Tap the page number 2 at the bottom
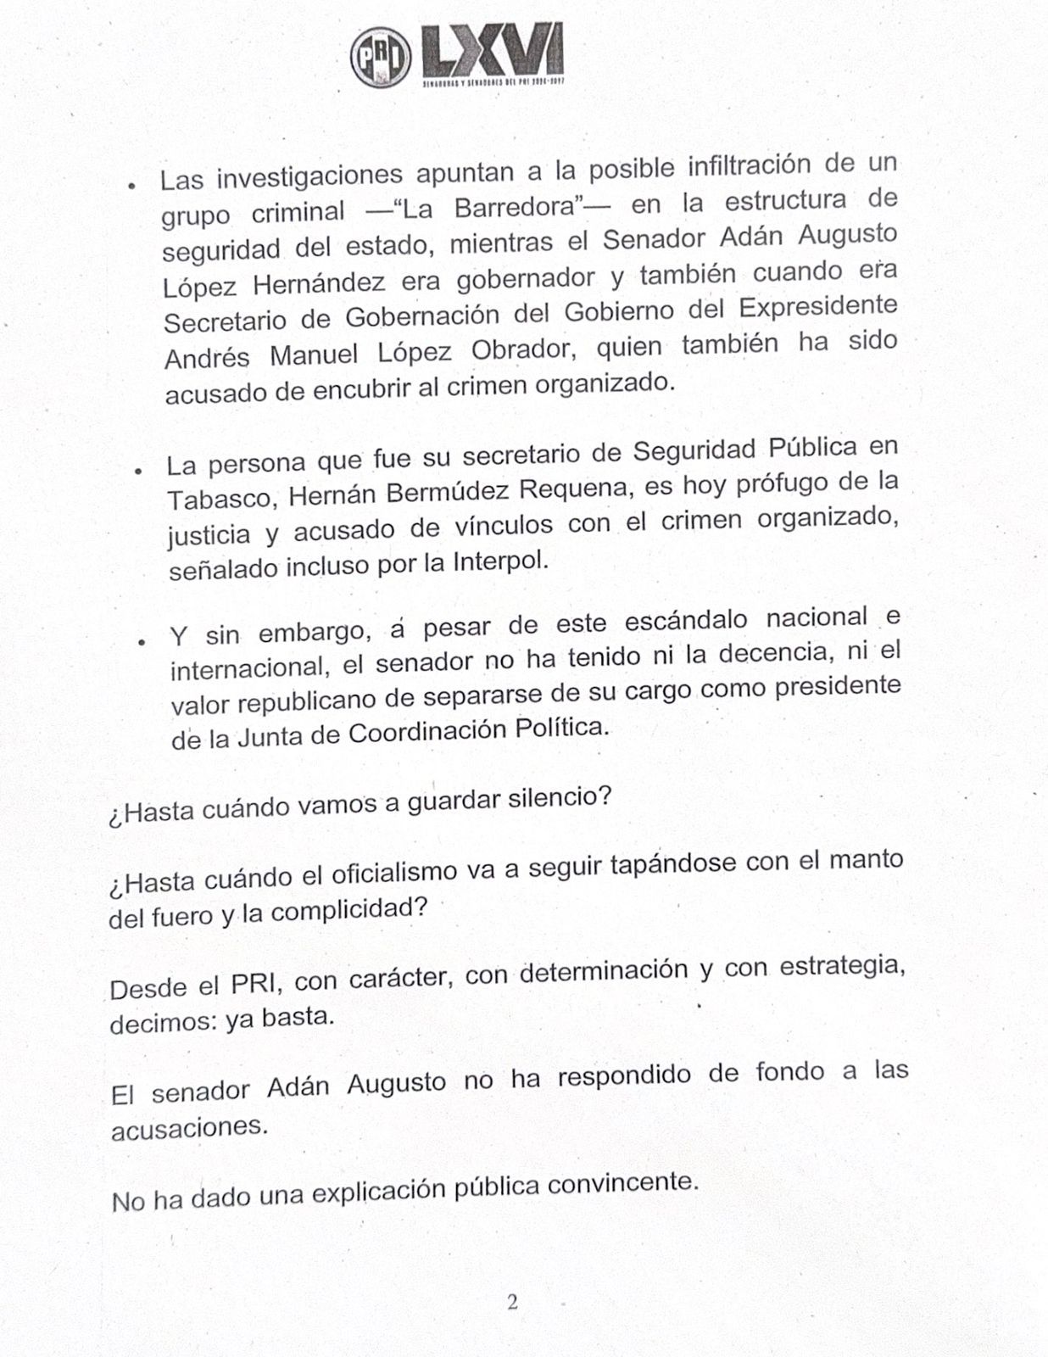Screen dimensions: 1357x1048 coord(512,1302)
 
